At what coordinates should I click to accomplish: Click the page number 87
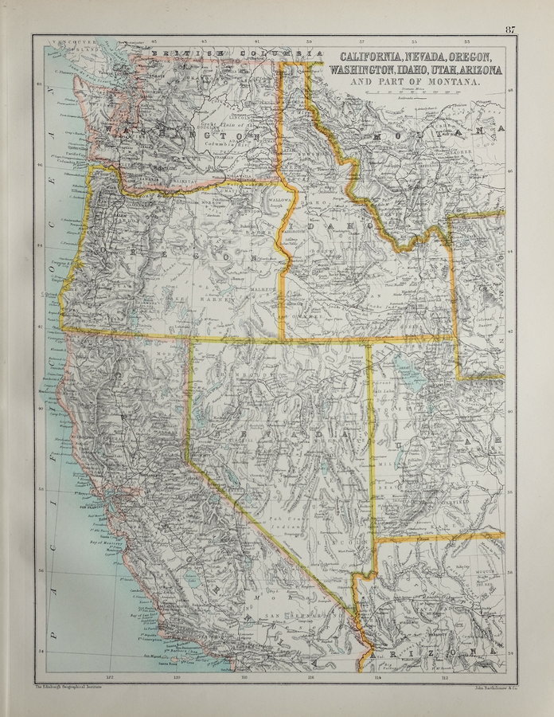pos(509,30)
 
